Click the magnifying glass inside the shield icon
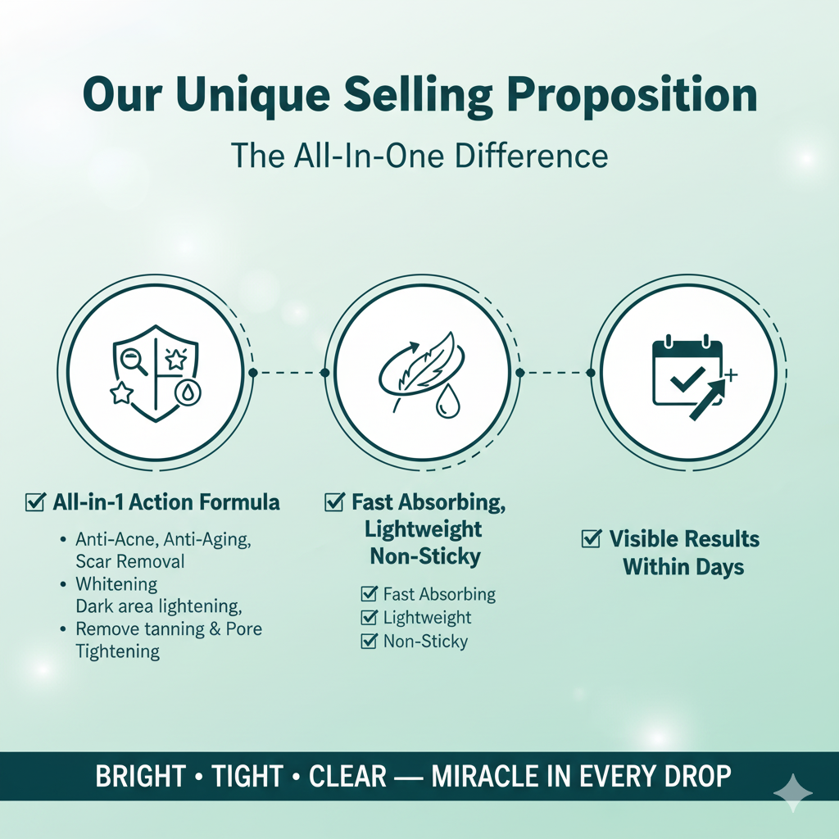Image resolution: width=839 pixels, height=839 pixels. [x=134, y=361]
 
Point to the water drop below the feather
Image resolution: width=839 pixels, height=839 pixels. [x=447, y=402]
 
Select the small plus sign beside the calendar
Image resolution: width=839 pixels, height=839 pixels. [x=730, y=374]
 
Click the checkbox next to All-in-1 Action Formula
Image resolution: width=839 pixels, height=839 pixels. [x=34, y=502]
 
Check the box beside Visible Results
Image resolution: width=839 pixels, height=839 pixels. [x=591, y=538]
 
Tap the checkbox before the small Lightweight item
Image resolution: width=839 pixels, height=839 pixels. [x=370, y=617]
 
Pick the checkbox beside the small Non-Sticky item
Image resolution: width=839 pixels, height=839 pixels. [x=370, y=641]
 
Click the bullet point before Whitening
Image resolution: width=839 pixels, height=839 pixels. [x=64, y=583]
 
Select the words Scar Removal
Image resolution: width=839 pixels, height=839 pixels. [x=130, y=561]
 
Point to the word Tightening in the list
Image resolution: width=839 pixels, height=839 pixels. [x=118, y=651]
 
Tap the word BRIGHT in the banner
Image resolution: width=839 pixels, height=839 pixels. [x=141, y=776]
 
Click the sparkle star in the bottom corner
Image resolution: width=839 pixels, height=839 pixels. [x=793, y=793]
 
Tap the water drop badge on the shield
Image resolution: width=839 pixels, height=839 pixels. [x=188, y=394]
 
